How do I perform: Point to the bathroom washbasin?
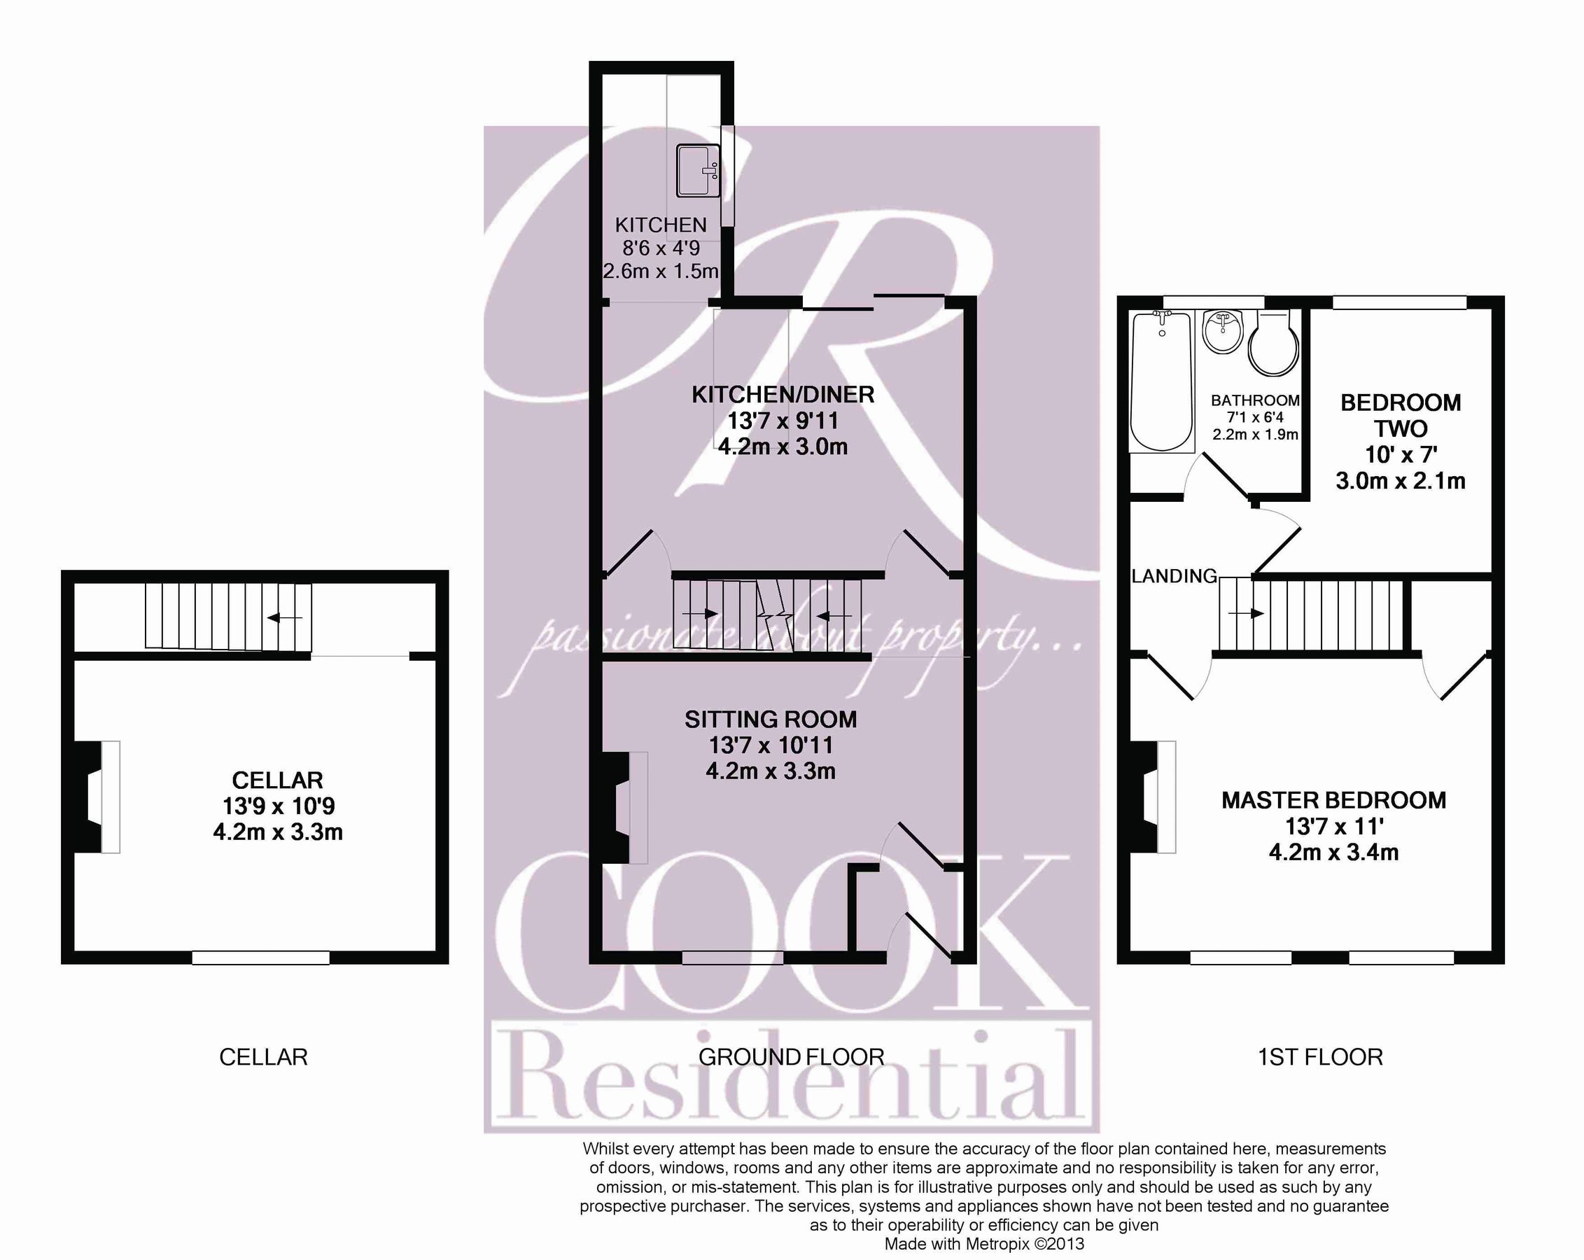point(1223,332)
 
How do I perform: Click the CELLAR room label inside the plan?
point(278,780)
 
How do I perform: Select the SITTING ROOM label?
point(771,720)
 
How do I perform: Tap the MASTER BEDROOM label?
point(1333,800)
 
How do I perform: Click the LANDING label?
point(1174,576)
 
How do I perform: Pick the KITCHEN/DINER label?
point(783,395)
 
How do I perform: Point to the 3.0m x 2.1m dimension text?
point(1401,481)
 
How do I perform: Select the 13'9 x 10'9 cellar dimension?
point(279,806)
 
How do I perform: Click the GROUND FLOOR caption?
point(791,1057)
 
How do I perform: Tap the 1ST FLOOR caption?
point(1320,1057)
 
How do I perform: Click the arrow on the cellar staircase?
point(284,618)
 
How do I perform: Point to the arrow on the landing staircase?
point(1247,612)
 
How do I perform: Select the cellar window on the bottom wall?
point(261,958)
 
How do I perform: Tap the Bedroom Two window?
point(1400,302)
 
